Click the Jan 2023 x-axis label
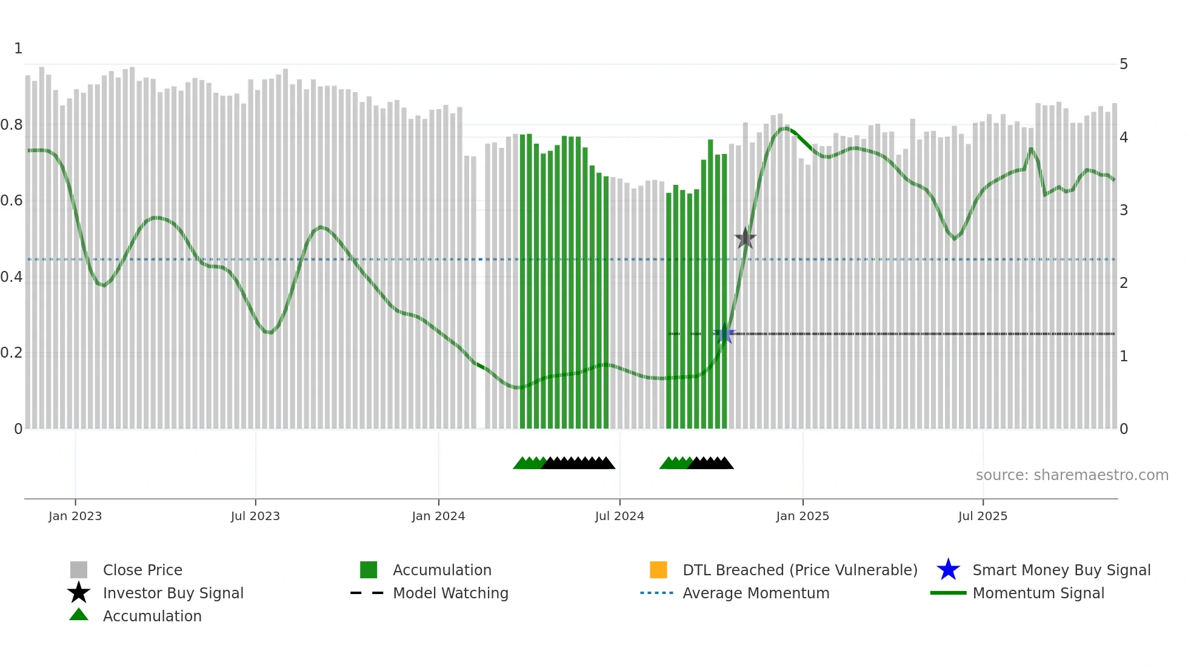pyautogui.click(x=75, y=516)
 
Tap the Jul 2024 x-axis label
pyautogui.click(x=619, y=516)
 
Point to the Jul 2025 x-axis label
pyautogui.click(x=983, y=516)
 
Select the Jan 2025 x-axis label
pyautogui.click(x=803, y=516)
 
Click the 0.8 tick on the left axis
pyautogui.click(x=12, y=125)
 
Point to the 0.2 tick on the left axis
pyautogui.click(x=12, y=353)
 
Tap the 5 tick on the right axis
pyautogui.click(x=1124, y=64)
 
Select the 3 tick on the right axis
pyautogui.click(x=1124, y=210)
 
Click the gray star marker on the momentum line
pyautogui.click(x=745, y=238)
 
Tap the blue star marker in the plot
pyautogui.click(x=724, y=333)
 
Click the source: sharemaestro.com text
pyautogui.click(x=1072, y=475)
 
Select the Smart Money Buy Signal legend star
pyautogui.click(x=948, y=570)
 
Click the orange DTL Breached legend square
pyautogui.click(x=658, y=570)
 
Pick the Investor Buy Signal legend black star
pyautogui.click(x=79, y=593)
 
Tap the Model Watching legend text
pyautogui.click(x=450, y=593)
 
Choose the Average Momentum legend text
pyautogui.click(x=756, y=593)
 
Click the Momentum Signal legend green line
pyautogui.click(x=948, y=593)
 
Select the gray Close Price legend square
pyautogui.click(x=79, y=570)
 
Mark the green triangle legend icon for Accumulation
pyautogui.click(x=79, y=615)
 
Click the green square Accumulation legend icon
pyautogui.click(x=369, y=570)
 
